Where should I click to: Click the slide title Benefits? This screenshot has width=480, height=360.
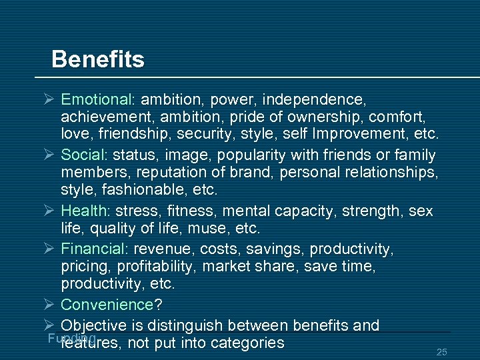point(97,60)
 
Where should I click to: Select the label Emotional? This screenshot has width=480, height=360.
point(98,100)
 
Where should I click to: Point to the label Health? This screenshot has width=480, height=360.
point(86,211)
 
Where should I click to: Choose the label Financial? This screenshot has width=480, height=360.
point(95,249)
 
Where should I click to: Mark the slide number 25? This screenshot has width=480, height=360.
point(441,351)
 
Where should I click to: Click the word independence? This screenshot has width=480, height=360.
point(314,100)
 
